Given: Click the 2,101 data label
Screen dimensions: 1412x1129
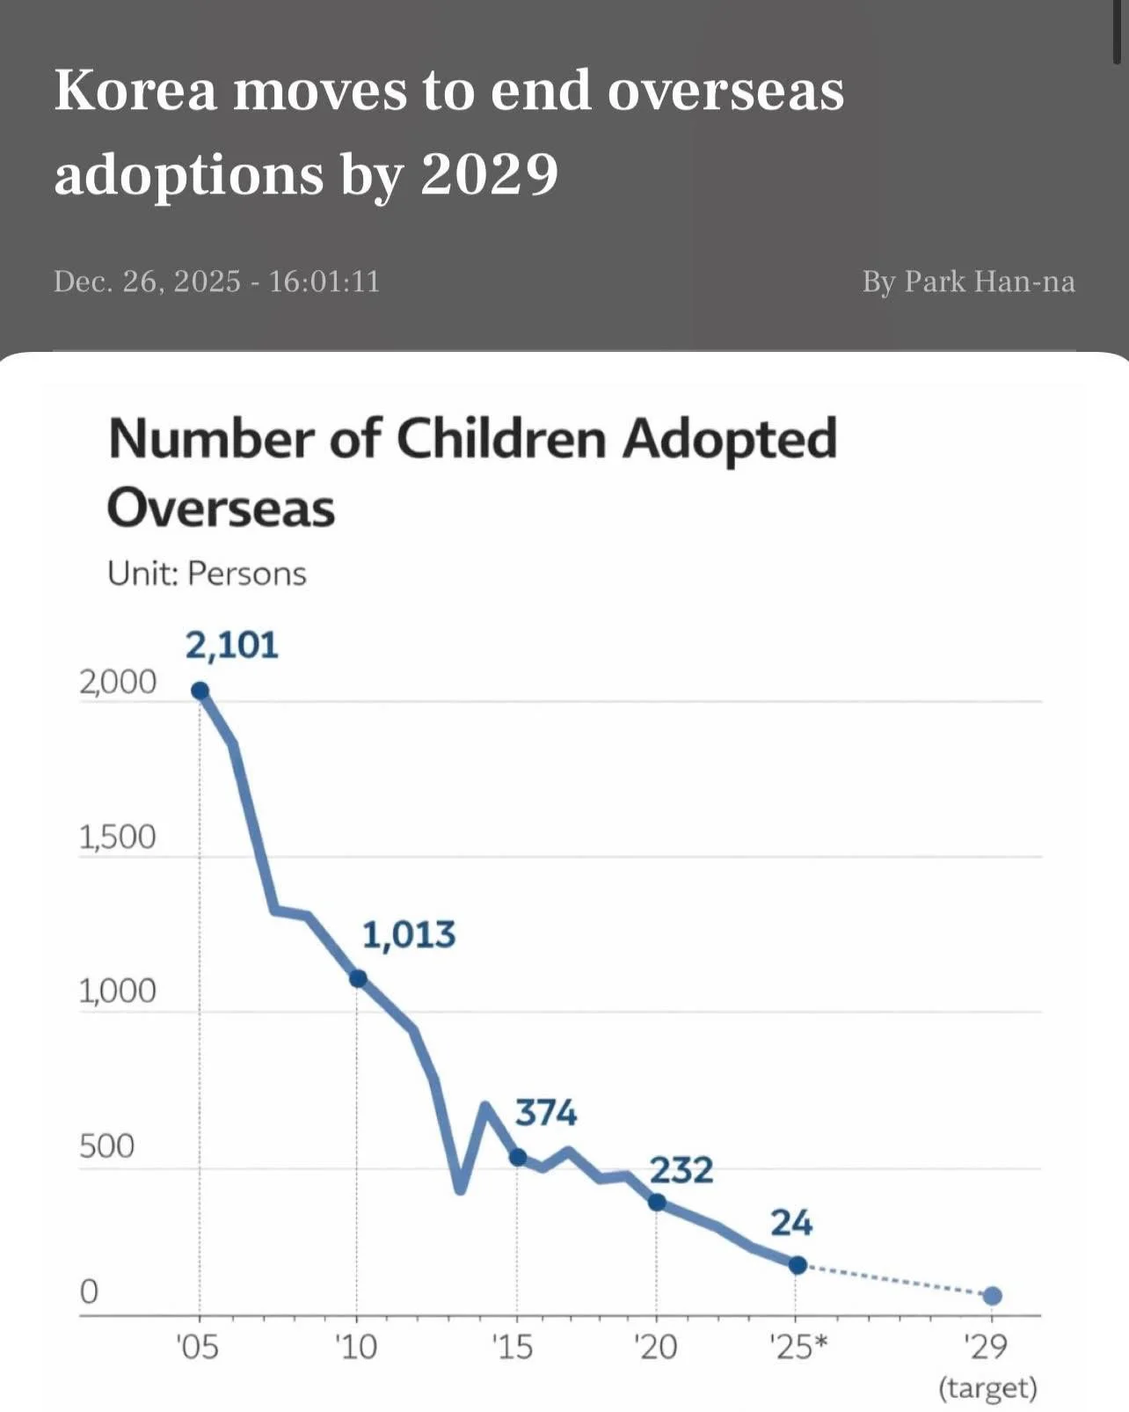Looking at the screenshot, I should click(x=231, y=646).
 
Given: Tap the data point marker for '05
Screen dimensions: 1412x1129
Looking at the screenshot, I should click(x=200, y=691).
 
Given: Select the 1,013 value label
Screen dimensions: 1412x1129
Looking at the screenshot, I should click(x=409, y=934).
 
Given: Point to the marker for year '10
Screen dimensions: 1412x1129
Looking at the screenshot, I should click(x=358, y=978).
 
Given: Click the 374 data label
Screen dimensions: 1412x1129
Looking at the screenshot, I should click(x=546, y=1113).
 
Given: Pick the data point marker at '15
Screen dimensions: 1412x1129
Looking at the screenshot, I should click(x=518, y=1157).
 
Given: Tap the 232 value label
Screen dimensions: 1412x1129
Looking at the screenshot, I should click(x=681, y=1170).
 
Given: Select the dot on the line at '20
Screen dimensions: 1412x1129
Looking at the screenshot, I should click(x=657, y=1202).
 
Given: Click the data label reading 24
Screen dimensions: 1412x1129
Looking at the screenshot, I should click(x=791, y=1223).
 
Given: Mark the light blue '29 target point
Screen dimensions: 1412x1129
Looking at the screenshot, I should click(x=993, y=1295).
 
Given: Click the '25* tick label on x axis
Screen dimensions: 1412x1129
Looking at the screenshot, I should click(x=798, y=1347).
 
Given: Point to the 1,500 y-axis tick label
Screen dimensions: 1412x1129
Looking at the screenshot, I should click(x=117, y=838).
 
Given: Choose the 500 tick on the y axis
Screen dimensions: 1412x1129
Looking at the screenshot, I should click(x=106, y=1146).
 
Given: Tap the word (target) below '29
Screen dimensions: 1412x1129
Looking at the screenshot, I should click(x=988, y=1388).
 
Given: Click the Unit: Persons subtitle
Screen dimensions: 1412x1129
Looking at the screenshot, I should click(x=207, y=574).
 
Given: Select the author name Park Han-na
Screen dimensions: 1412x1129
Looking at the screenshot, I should click(x=989, y=282).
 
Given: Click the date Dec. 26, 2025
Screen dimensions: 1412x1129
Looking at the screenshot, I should click(x=147, y=282).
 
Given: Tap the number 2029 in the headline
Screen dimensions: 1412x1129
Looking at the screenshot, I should click(x=489, y=174).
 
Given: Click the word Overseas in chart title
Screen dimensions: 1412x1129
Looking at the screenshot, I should click(x=221, y=508).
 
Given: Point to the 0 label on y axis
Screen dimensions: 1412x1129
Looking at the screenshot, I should click(x=89, y=1291).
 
